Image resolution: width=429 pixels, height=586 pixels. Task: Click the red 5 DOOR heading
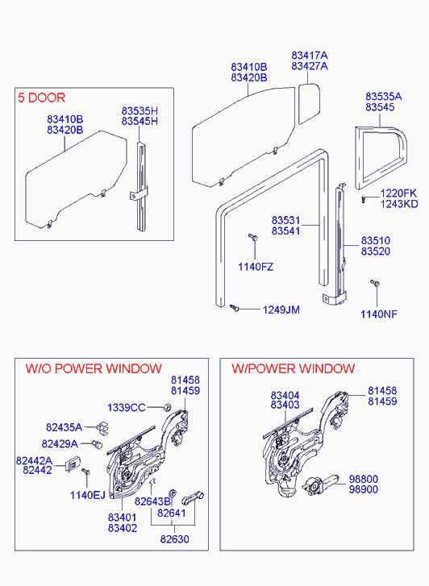pyautogui.click(x=41, y=98)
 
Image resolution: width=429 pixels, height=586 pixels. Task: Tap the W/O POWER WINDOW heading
pyautogui.click(x=94, y=369)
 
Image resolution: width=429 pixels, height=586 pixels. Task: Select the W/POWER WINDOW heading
pyautogui.click(x=293, y=368)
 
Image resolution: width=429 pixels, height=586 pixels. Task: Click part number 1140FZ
pyautogui.click(x=256, y=267)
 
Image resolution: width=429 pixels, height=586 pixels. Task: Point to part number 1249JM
pyautogui.click(x=281, y=310)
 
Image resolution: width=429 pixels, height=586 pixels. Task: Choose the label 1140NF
pyautogui.click(x=378, y=314)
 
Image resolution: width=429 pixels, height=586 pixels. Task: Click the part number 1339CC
pyautogui.click(x=126, y=407)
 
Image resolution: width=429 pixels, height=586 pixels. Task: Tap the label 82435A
pyautogui.click(x=64, y=426)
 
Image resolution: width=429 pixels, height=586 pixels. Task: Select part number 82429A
pyautogui.click(x=60, y=443)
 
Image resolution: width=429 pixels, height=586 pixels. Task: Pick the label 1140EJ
pyautogui.click(x=88, y=495)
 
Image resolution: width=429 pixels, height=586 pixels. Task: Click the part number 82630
pyautogui.click(x=175, y=539)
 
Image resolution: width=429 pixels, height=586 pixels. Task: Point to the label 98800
pyautogui.click(x=363, y=479)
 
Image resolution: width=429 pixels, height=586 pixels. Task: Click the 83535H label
pyautogui.click(x=140, y=110)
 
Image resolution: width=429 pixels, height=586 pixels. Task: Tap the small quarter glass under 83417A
pyautogui.click(x=309, y=104)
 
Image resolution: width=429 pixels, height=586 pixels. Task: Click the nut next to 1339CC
pyautogui.click(x=168, y=406)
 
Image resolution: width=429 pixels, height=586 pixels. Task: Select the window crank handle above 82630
pyautogui.click(x=193, y=498)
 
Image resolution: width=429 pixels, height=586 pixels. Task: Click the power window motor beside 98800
pyautogui.click(x=321, y=485)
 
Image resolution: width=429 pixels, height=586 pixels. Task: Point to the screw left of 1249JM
pyautogui.click(x=235, y=308)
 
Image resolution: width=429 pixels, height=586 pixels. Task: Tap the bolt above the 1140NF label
pyautogui.click(x=375, y=283)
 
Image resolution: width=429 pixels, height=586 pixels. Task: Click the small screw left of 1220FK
pyautogui.click(x=363, y=199)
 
